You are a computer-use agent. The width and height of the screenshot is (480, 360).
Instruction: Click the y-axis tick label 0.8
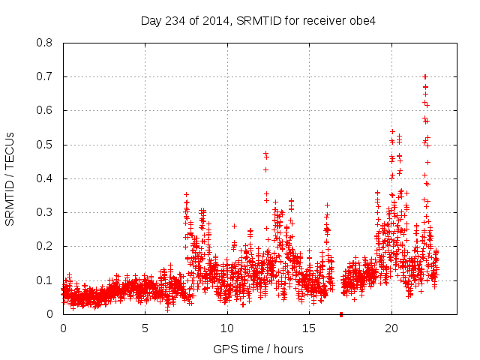click(x=46, y=43)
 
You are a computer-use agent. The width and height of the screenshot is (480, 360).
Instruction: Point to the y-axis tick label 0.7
click(x=46, y=76)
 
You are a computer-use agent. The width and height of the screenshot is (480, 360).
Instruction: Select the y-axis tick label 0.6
click(x=46, y=110)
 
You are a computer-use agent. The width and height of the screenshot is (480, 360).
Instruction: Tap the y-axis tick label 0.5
click(x=46, y=145)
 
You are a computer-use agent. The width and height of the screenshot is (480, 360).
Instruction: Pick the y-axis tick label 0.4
click(x=46, y=178)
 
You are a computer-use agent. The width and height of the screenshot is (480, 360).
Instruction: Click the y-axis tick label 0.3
click(x=46, y=212)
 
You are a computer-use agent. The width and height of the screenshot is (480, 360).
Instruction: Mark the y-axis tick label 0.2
click(x=46, y=246)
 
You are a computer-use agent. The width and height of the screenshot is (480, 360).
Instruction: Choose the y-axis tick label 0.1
click(x=46, y=280)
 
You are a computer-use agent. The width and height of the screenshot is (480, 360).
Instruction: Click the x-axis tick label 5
click(x=145, y=328)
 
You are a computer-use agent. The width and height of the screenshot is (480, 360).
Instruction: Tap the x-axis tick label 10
click(x=226, y=328)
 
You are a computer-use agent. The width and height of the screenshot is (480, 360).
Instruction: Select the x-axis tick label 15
click(x=309, y=328)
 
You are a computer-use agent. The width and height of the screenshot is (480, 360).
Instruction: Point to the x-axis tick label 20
click(x=391, y=328)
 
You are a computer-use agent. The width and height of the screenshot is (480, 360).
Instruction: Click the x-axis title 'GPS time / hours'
click(x=259, y=349)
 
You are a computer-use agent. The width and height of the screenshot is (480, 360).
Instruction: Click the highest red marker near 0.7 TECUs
click(x=425, y=76)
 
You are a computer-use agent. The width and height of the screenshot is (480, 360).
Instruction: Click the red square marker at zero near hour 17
click(x=341, y=313)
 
